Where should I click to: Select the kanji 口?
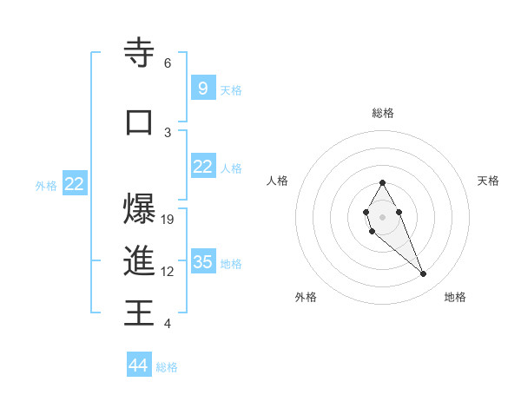[139, 122]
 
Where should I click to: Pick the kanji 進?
[139, 260]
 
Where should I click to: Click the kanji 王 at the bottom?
[139, 312]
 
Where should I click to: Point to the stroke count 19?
[168, 220]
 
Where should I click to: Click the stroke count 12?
[168, 272]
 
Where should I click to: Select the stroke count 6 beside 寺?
[168, 63]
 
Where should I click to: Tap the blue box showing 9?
[202, 88]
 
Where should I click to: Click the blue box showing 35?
[202, 261]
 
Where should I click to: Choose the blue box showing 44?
[139, 365]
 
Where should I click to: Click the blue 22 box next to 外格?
[75, 183]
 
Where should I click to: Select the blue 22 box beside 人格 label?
[202, 167]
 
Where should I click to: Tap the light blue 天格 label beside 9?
[231, 89]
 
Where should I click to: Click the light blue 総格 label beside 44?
[167, 367]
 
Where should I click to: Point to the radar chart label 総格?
[382, 113]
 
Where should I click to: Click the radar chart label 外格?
[306, 297]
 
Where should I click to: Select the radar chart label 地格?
[455, 297]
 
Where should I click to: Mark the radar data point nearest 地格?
[424, 274]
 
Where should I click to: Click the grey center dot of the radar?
[382, 216]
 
